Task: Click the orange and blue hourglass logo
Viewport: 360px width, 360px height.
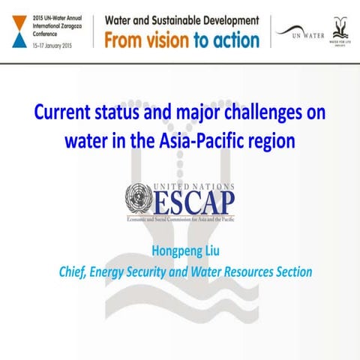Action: click(15, 30)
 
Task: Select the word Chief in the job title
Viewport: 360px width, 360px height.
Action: click(73, 272)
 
